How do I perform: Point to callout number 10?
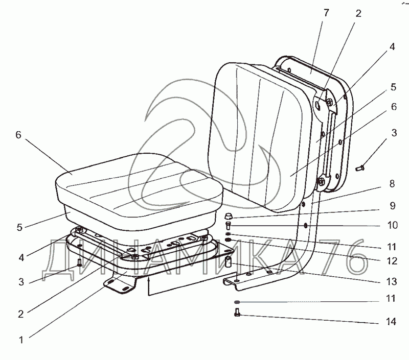tap(392, 225)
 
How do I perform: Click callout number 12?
tap(392, 261)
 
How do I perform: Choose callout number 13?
tap(392, 280)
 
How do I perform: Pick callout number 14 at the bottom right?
tap(392, 323)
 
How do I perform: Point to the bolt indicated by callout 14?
tap(238, 314)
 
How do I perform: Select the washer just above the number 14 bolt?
tap(237, 302)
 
